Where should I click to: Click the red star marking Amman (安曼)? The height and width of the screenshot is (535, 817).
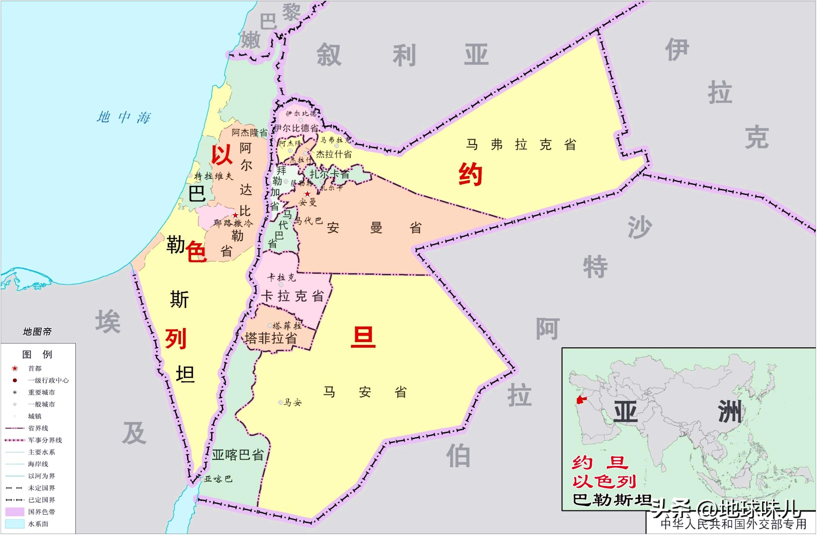(x=307, y=194)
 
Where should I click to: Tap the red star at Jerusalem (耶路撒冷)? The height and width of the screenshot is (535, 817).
(x=235, y=215)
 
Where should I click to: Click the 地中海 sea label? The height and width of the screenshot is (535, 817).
(x=124, y=118)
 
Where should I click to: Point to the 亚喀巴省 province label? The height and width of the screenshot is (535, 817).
(x=237, y=455)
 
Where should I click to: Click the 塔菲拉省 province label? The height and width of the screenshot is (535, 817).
(x=271, y=339)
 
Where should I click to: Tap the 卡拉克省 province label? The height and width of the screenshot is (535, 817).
(x=292, y=296)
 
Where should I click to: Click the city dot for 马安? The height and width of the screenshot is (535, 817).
(x=280, y=402)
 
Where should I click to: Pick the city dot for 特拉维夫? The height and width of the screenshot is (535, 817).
(x=190, y=176)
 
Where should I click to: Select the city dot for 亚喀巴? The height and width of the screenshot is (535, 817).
(x=202, y=479)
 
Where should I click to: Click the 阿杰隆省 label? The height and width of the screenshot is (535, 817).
(x=249, y=132)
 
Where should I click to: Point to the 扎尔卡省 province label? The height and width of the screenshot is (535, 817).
(x=329, y=174)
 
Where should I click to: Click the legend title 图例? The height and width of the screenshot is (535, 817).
(x=37, y=354)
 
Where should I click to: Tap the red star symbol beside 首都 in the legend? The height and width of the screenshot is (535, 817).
(x=15, y=369)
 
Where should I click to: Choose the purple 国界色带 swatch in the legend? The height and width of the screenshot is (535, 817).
(x=15, y=512)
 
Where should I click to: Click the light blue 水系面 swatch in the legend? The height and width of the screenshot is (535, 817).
(x=15, y=524)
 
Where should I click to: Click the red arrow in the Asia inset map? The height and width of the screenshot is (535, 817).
(x=580, y=399)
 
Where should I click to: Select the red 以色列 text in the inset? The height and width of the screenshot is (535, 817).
(x=604, y=482)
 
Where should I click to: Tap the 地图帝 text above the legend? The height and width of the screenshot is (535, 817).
(x=37, y=332)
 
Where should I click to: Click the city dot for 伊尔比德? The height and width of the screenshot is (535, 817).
(x=300, y=120)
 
